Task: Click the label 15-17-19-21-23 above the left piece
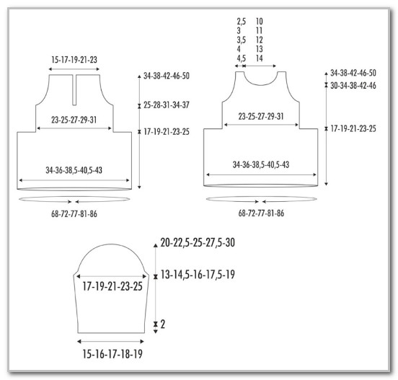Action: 74,60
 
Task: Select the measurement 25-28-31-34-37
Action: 167,105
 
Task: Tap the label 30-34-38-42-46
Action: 353,85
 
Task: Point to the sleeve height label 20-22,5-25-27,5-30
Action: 198,243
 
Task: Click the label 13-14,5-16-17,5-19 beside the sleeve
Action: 198,275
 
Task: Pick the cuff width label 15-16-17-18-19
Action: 112,354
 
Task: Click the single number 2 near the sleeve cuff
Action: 163,324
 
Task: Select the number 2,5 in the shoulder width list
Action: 242,22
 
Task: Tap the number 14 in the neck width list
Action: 259,58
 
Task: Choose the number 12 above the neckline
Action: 259,40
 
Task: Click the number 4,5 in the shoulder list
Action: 242,58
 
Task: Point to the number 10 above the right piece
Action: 259,22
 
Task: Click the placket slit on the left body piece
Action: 74,89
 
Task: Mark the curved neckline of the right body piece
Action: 261,84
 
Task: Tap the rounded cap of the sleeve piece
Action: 111,244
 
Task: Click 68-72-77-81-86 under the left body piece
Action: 74,214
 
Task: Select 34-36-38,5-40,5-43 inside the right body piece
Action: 261,164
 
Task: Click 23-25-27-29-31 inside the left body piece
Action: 74,120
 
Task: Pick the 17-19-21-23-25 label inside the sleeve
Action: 112,286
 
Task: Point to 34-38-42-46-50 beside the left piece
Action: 167,76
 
